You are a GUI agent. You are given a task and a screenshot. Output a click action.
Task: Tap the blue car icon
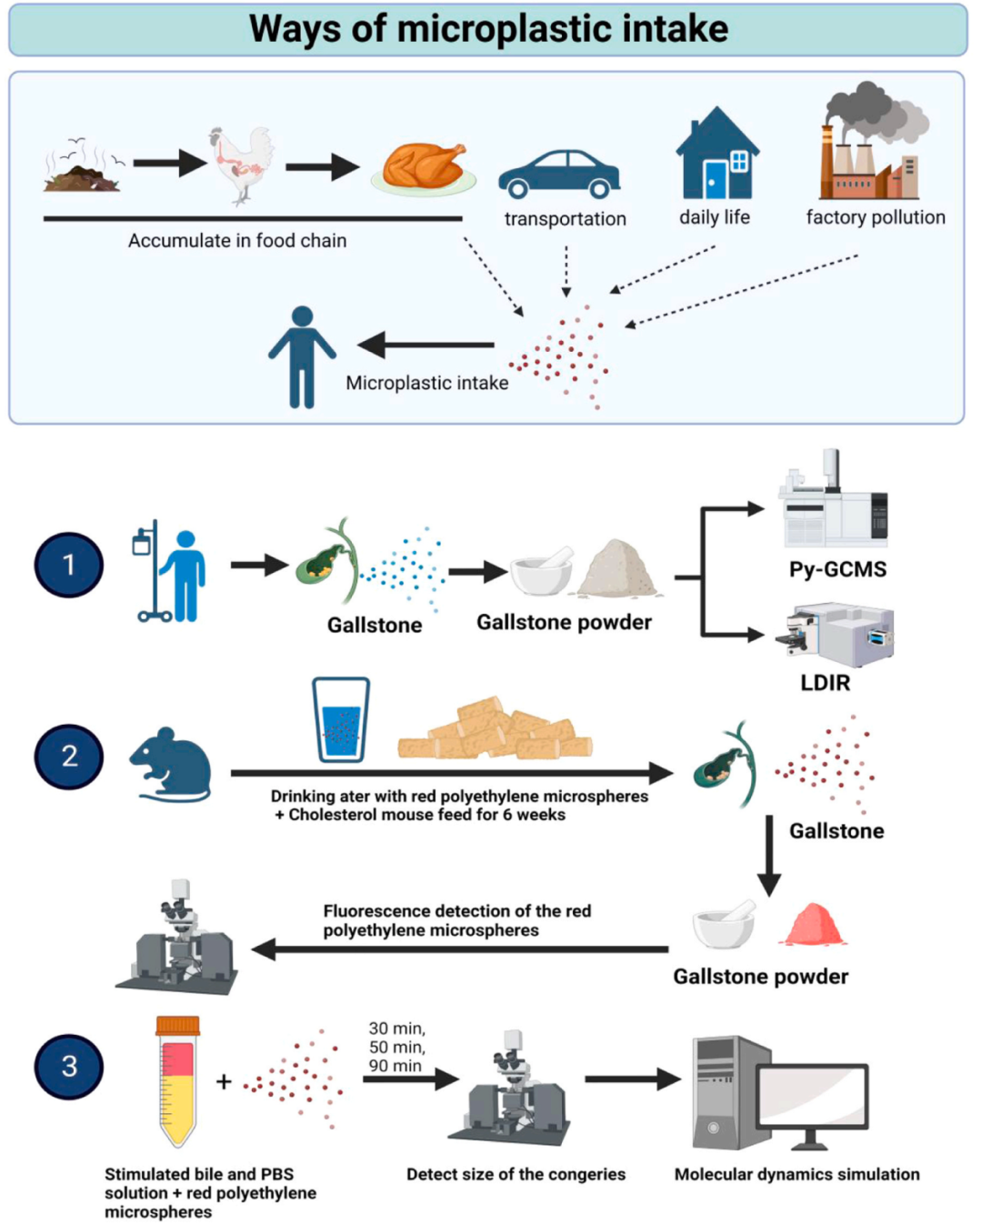point(559,175)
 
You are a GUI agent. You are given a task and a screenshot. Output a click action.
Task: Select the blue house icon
point(717,153)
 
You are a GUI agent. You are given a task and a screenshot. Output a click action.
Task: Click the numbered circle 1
point(69,564)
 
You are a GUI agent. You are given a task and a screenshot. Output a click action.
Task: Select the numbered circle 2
point(69,757)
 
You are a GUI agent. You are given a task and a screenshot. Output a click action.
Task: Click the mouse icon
point(171,765)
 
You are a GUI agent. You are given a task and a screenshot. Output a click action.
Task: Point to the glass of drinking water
point(341,719)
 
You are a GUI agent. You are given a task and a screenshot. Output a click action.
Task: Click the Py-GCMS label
point(837,569)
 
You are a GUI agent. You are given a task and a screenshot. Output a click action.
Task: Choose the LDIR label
point(825,683)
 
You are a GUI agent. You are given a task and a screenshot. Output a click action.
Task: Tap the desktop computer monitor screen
point(813,1097)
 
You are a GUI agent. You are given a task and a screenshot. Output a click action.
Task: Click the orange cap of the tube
point(178,1026)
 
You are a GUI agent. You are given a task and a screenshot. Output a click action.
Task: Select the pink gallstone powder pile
point(813,924)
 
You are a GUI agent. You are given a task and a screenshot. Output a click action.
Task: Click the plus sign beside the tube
point(224,1081)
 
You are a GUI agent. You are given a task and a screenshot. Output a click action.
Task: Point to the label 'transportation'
point(566,219)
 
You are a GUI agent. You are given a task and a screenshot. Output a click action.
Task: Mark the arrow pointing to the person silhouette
point(426,345)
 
